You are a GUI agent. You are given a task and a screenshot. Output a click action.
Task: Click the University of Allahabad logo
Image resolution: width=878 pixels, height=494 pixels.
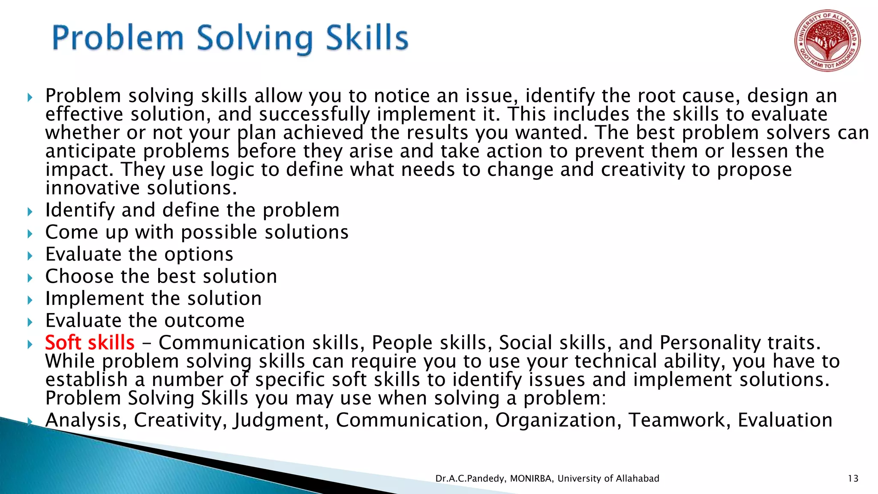coord(827,41)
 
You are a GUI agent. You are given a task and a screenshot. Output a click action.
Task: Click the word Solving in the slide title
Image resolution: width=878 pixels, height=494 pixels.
coord(255,39)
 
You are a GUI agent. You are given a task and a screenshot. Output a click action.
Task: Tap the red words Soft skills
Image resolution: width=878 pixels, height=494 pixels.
coord(90,343)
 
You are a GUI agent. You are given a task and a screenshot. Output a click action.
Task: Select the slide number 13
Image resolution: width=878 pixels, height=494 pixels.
coord(853,479)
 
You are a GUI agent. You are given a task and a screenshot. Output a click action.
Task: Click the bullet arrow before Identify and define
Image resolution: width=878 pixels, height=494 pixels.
coord(30,211)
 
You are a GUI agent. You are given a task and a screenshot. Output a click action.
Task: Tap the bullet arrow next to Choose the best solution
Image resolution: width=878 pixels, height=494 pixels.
coord(30,278)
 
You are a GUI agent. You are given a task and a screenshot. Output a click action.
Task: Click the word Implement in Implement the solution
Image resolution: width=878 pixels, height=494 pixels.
coord(95,298)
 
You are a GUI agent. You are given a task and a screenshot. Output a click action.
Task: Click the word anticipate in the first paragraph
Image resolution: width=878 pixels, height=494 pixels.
coord(90,151)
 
